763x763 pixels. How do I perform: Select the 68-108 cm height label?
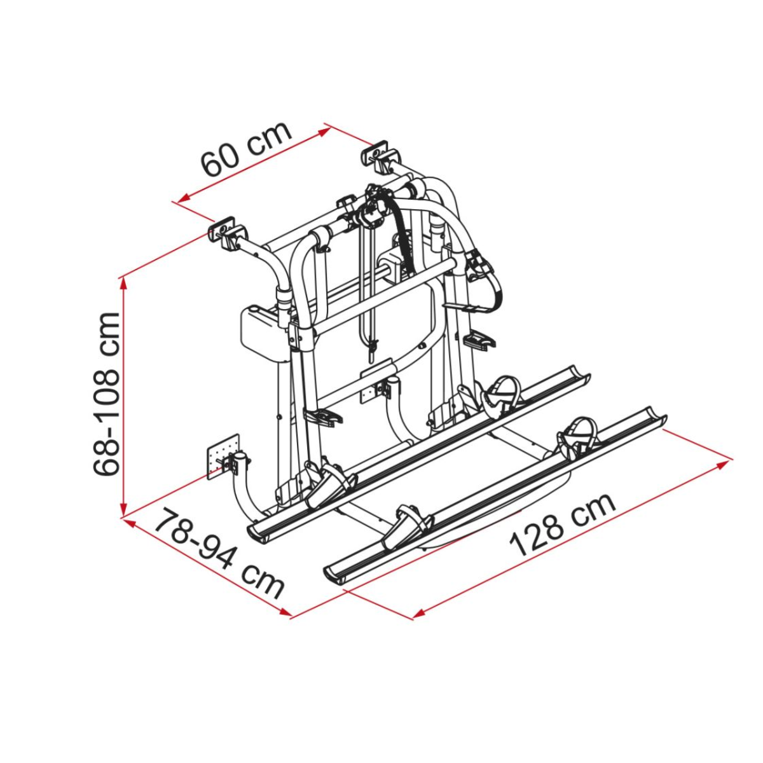(106, 394)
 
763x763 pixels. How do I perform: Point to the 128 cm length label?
(563, 525)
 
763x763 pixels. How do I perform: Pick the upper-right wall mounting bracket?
(381, 156)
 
